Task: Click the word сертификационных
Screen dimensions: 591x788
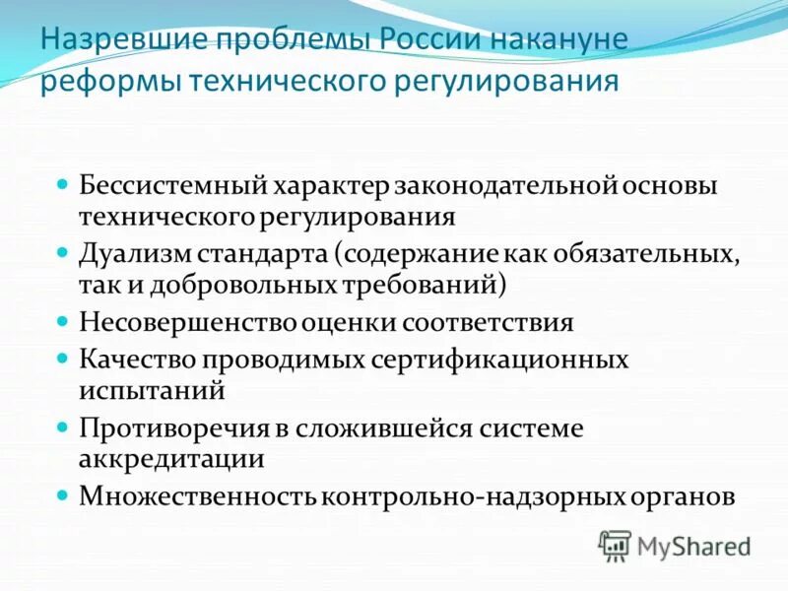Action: point(498,359)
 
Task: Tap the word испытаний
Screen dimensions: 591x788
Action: point(153,390)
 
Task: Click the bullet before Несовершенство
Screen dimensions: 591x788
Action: point(62,321)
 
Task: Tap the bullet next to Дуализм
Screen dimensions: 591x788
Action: point(62,250)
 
